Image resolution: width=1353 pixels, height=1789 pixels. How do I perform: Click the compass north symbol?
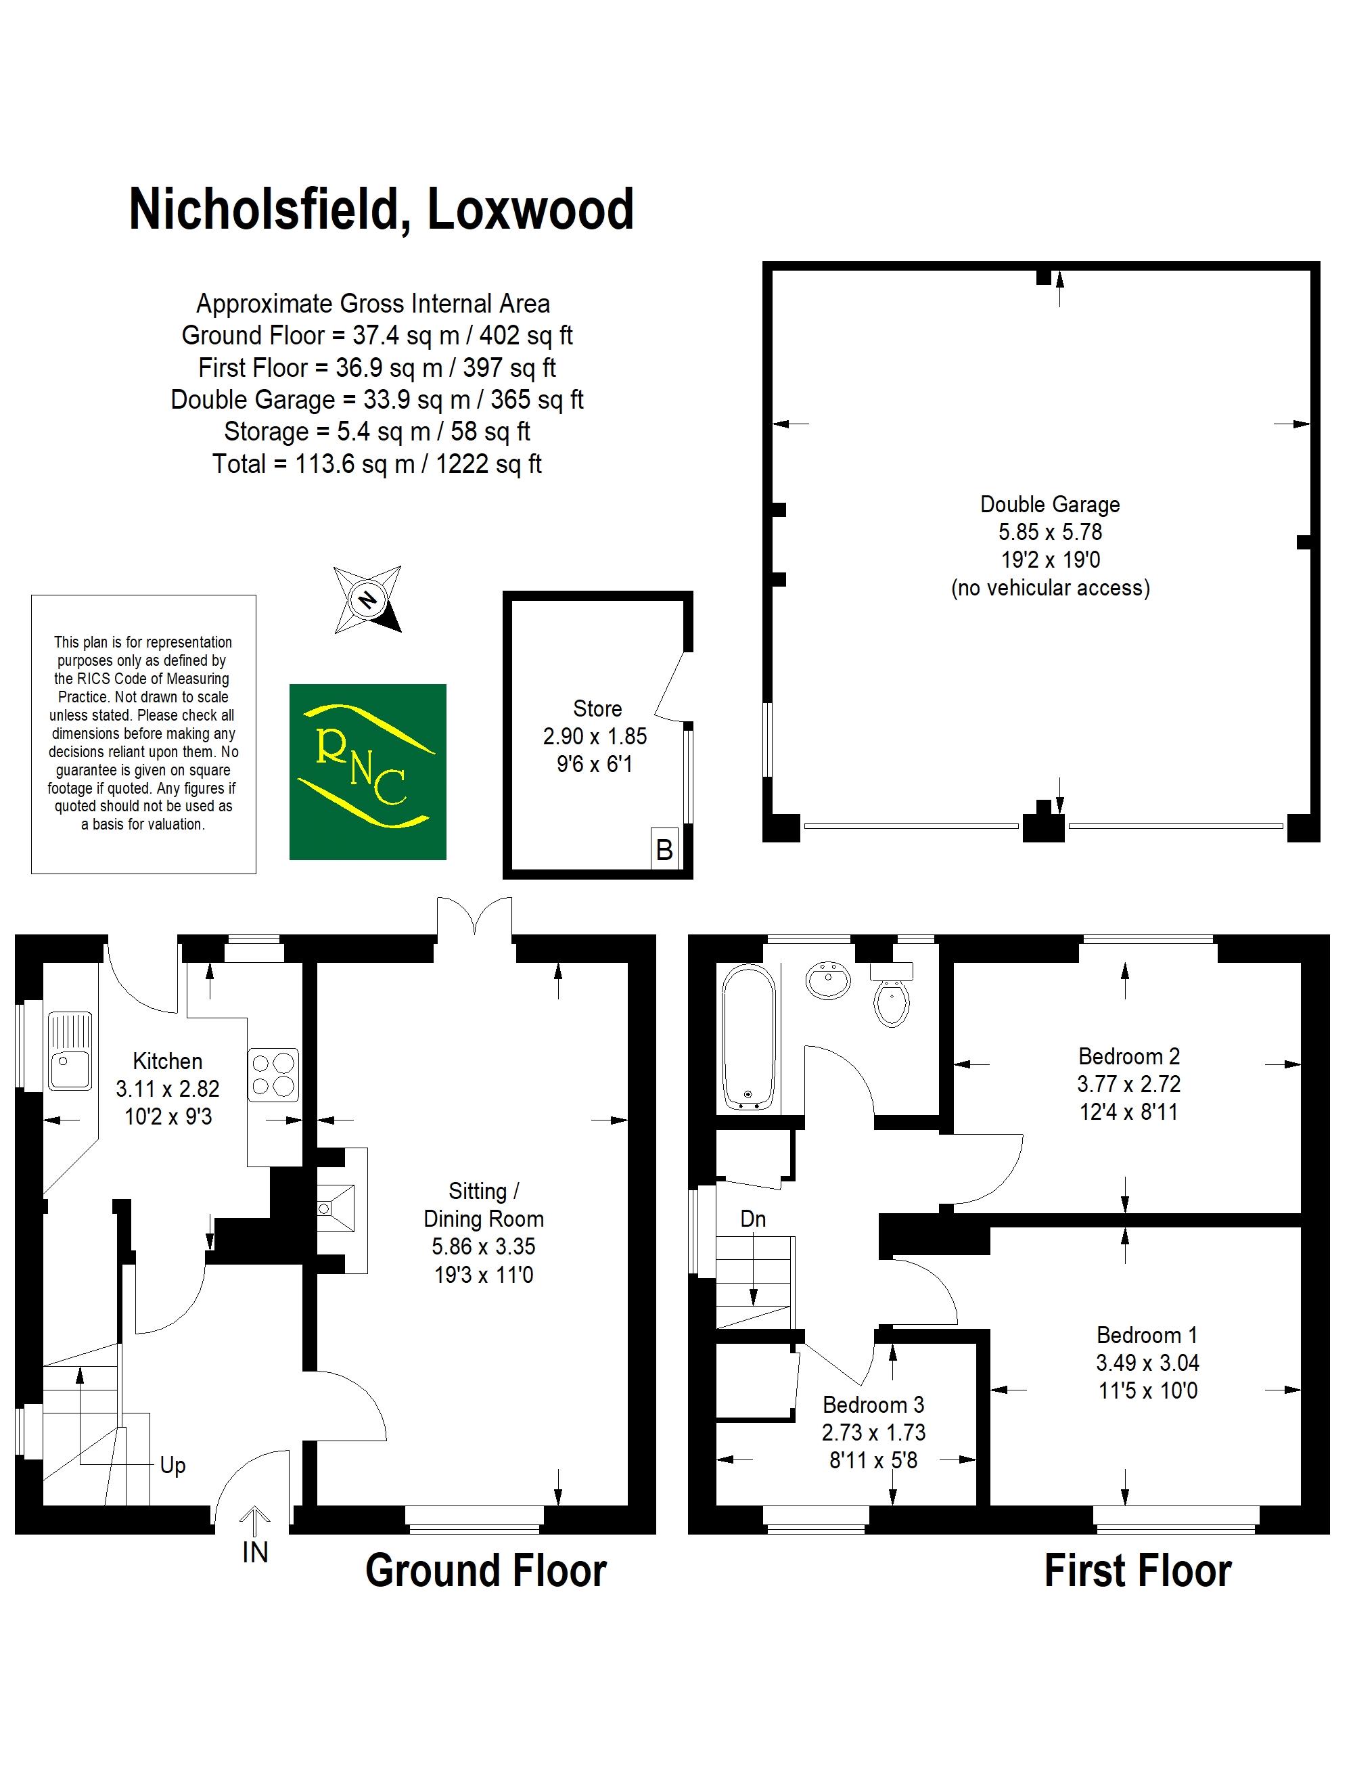tap(367, 599)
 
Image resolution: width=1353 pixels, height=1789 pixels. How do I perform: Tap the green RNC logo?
tap(368, 771)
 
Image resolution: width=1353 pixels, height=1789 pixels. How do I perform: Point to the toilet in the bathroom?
tap(892, 994)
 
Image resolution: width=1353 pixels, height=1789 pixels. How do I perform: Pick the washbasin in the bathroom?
tap(828, 981)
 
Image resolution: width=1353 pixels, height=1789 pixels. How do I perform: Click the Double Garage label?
tap(1050, 504)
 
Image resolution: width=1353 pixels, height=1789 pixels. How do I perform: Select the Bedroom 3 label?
tap(873, 1405)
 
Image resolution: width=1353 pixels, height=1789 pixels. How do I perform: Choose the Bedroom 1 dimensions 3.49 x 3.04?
tap(1147, 1363)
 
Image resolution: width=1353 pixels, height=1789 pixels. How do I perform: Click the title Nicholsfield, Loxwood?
tap(381, 210)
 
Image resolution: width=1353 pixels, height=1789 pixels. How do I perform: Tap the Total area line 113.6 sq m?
tap(377, 463)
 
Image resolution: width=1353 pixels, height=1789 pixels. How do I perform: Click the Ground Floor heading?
tap(486, 1570)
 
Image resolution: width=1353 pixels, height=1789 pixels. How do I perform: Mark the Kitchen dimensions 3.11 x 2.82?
tap(167, 1089)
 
